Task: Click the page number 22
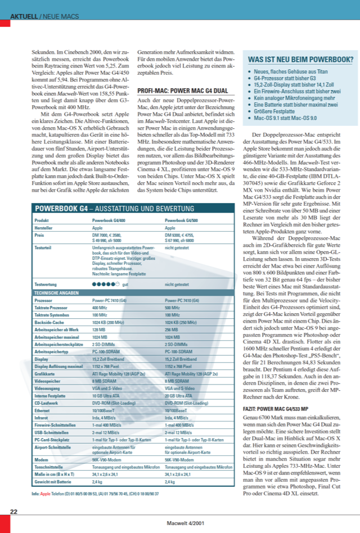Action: (14, 512)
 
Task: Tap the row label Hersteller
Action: (44, 228)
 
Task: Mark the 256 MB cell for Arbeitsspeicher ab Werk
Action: (172, 329)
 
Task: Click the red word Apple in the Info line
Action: (46, 494)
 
